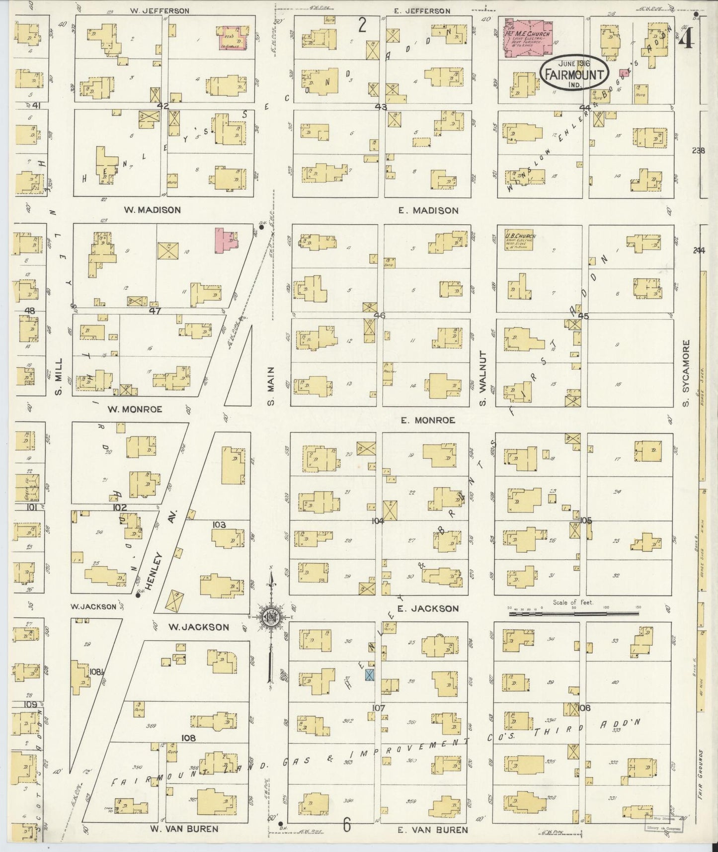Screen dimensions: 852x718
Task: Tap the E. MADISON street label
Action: click(x=428, y=210)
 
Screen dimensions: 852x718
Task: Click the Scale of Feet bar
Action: click(x=573, y=613)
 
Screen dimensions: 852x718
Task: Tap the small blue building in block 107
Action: click(x=370, y=675)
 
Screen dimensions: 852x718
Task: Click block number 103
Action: click(x=219, y=525)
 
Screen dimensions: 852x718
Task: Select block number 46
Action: click(x=380, y=315)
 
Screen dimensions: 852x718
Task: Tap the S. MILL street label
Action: click(x=59, y=376)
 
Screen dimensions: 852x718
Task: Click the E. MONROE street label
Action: click(x=428, y=420)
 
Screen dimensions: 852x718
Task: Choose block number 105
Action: click(x=586, y=520)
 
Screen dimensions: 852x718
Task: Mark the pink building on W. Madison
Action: click(x=226, y=240)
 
